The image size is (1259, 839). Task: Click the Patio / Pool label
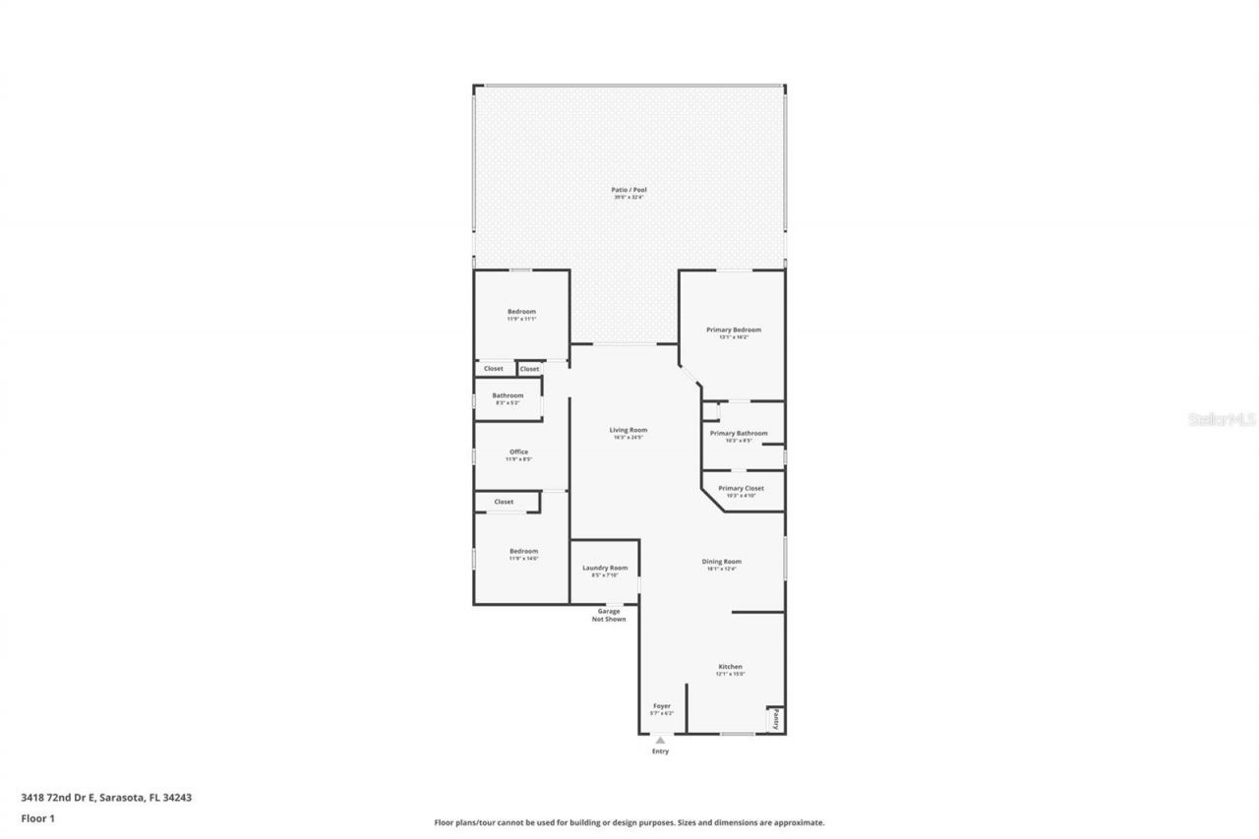click(x=629, y=190)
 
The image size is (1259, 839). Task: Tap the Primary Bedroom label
click(x=734, y=330)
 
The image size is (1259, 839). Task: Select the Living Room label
click(x=629, y=430)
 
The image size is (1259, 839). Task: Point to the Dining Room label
click(x=721, y=562)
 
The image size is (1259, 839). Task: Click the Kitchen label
click(x=730, y=667)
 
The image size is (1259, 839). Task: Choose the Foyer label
click(x=662, y=706)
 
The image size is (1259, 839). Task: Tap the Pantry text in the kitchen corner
click(x=776, y=719)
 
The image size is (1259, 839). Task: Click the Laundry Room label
click(x=605, y=568)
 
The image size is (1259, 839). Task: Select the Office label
click(x=518, y=452)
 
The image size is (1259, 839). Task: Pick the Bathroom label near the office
click(x=508, y=395)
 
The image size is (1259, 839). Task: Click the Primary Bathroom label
click(x=739, y=433)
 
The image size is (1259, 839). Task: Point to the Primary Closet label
click(x=741, y=488)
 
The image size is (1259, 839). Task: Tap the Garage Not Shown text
click(x=609, y=615)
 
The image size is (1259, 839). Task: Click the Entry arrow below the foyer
click(x=660, y=740)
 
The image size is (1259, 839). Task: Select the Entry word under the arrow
click(x=660, y=751)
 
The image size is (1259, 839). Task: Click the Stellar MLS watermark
click(x=1223, y=419)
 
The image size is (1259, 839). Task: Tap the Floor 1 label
click(x=37, y=817)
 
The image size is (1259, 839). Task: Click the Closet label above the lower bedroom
click(x=504, y=502)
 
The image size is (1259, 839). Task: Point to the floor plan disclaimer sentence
click(x=629, y=822)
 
